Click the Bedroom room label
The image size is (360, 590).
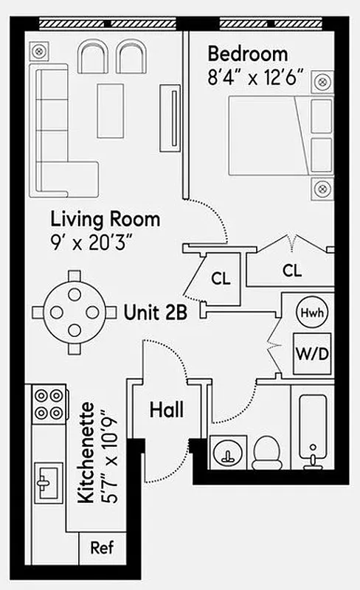[247, 54]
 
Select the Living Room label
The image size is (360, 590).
[105, 219]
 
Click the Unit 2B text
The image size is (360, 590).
[155, 312]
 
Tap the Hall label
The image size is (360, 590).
[166, 410]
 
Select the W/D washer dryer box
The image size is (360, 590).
[312, 353]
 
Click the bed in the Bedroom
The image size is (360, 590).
[277, 136]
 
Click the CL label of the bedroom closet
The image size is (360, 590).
[292, 271]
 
